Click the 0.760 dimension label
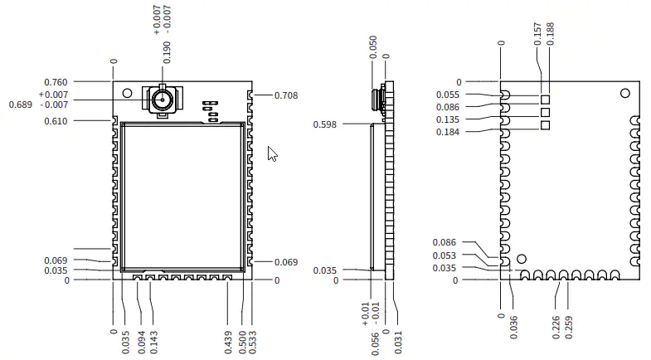(x=56, y=82)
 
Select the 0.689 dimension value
(x=21, y=105)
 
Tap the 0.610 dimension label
(x=56, y=121)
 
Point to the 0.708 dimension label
(x=286, y=95)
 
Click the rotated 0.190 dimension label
(x=167, y=52)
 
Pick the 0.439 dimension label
(x=228, y=343)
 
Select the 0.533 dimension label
(x=252, y=343)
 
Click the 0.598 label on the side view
(x=324, y=124)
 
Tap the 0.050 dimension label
(x=373, y=47)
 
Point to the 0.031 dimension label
(x=398, y=343)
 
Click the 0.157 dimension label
(x=537, y=34)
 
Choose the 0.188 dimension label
(x=550, y=34)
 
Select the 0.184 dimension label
(x=448, y=132)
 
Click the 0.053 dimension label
(x=445, y=255)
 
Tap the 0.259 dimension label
(x=569, y=328)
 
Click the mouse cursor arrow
(x=272, y=153)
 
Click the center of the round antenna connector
(x=163, y=100)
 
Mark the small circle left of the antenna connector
(x=127, y=93)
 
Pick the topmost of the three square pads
(x=545, y=100)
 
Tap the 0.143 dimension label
(x=153, y=343)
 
